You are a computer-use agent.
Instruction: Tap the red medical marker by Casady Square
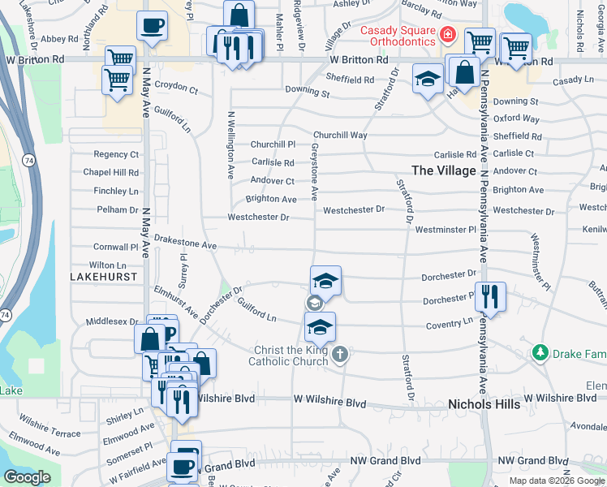click(x=446, y=35)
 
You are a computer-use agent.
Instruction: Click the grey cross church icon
click(x=341, y=354)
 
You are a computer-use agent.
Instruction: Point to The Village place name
click(x=444, y=170)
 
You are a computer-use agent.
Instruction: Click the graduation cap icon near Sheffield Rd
click(x=428, y=80)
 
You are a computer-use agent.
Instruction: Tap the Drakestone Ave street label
click(x=185, y=244)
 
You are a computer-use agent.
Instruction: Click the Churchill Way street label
click(x=341, y=135)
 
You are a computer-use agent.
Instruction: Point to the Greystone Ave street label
click(x=313, y=172)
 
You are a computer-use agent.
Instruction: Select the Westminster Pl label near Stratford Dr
click(x=446, y=230)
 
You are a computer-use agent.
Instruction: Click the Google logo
click(x=27, y=477)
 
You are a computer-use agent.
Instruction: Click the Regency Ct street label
click(x=116, y=154)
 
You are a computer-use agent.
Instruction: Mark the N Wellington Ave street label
click(x=230, y=144)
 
